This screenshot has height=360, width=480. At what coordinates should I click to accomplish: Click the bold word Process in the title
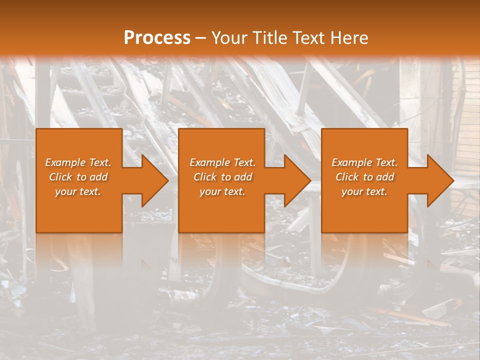tap(157, 38)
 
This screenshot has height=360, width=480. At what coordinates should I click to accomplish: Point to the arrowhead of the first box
tap(153, 180)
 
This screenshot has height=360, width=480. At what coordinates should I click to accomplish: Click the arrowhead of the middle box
tap(296, 180)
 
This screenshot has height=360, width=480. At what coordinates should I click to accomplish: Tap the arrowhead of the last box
tap(439, 180)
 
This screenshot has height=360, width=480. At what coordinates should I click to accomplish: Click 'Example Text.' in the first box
tap(78, 162)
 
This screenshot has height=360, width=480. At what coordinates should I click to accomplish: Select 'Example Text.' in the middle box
tap(222, 162)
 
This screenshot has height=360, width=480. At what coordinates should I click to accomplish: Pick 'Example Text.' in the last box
tap(364, 162)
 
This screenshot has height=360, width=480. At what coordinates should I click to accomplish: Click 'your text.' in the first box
tap(78, 191)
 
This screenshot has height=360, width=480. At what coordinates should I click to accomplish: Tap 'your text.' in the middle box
tap(222, 191)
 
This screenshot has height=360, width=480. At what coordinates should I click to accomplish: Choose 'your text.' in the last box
tap(364, 191)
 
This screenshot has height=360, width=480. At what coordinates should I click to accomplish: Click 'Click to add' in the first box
tap(78, 177)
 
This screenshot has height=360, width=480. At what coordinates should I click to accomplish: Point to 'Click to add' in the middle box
tap(222, 177)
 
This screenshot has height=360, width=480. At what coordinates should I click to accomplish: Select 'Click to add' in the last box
tap(364, 177)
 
